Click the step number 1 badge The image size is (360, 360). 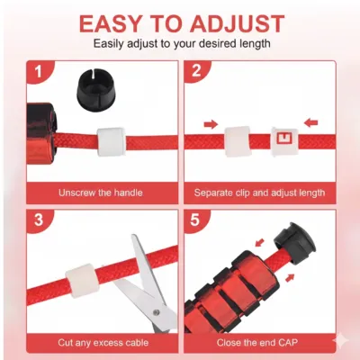(39, 72)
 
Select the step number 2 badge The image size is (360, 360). (199, 72)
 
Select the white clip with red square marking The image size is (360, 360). (285, 139)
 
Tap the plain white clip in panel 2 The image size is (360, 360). (236, 139)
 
